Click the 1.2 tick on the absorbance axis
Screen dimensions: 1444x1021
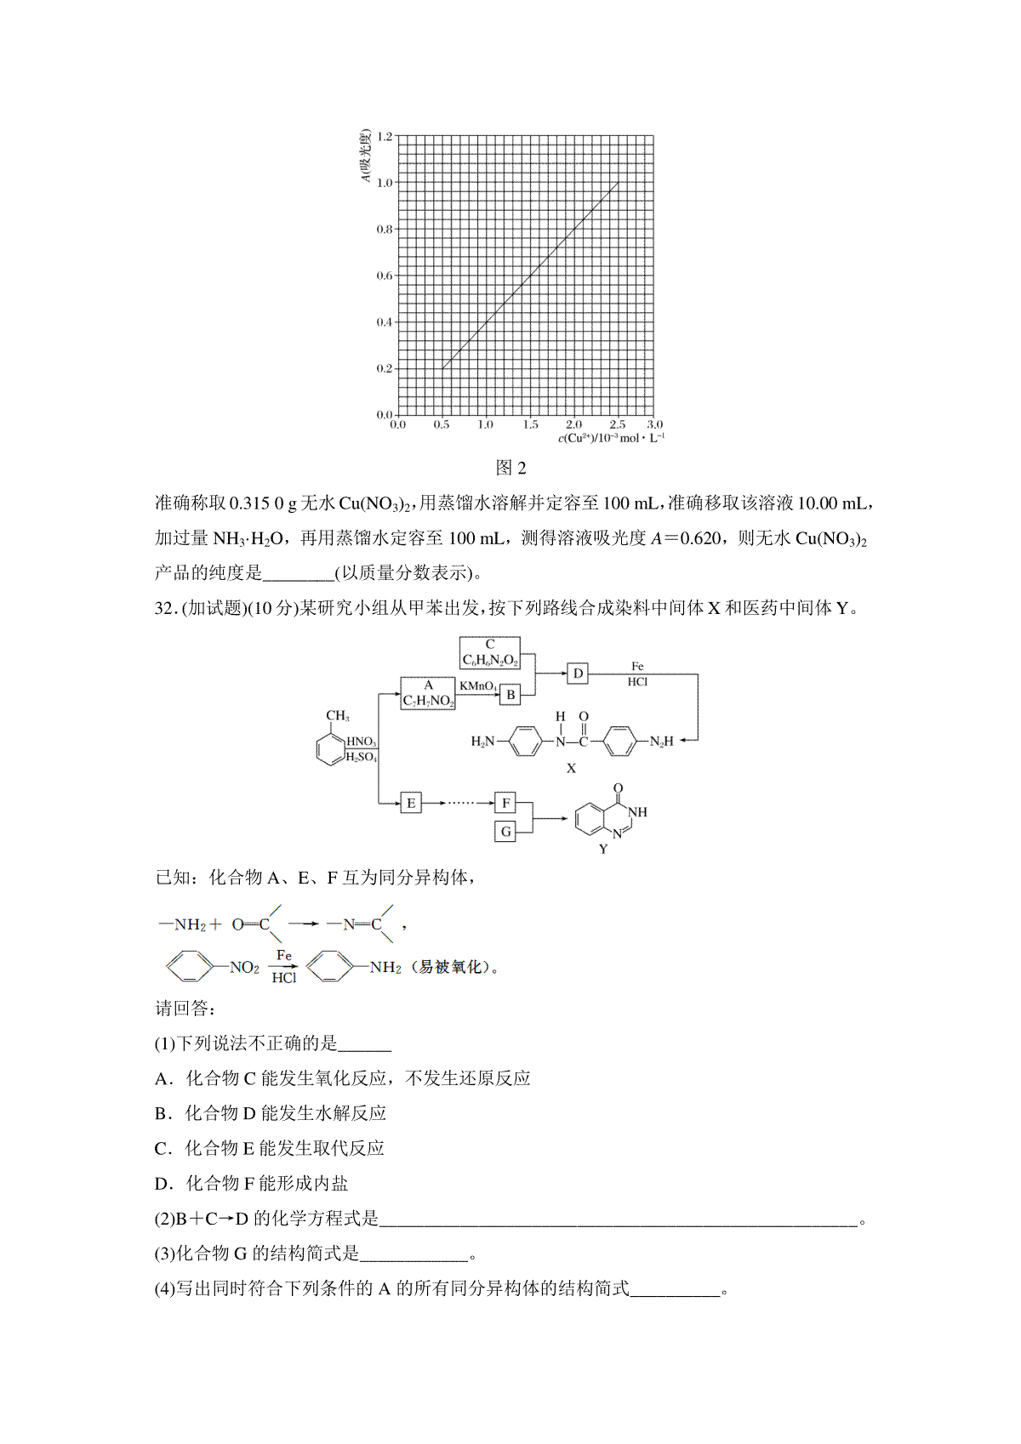(384, 136)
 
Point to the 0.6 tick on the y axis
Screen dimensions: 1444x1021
(384, 276)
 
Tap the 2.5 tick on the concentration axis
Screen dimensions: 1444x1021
(617, 424)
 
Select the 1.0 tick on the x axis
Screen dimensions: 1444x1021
(485, 424)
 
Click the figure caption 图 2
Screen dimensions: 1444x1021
(511, 468)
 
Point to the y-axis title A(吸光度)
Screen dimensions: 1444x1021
(365, 156)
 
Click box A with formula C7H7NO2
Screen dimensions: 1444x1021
(428, 694)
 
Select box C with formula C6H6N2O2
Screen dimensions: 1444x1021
(490, 652)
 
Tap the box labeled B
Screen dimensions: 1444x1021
(510, 695)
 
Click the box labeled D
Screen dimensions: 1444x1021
(578, 674)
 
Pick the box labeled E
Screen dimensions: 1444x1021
(411, 803)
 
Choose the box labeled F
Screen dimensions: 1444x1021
(505, 803)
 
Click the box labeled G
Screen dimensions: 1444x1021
(505, 832)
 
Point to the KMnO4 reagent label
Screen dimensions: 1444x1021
(478, 685)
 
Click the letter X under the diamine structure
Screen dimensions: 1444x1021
(571, 768)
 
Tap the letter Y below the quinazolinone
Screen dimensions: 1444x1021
(603, 849)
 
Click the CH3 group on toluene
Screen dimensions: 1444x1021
(338, 716)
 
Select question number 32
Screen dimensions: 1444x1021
(164, 608)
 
